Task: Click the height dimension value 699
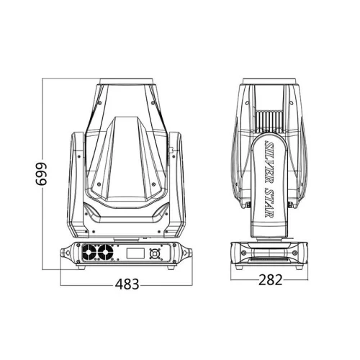click(x=41, y=174)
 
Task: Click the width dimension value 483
click(x=127, y=284)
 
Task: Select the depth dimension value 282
click(x=270, y=280)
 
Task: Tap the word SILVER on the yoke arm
click(x=269, y=159)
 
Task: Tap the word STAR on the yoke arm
click(x=269, y=202)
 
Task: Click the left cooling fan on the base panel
click(x=89, y=252)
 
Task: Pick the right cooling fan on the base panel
click(x=106, y=252)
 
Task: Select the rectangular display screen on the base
click(x=135, y=253)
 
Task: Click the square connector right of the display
click(x=154, y=253)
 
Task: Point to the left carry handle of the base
click(x=66, y=253)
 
